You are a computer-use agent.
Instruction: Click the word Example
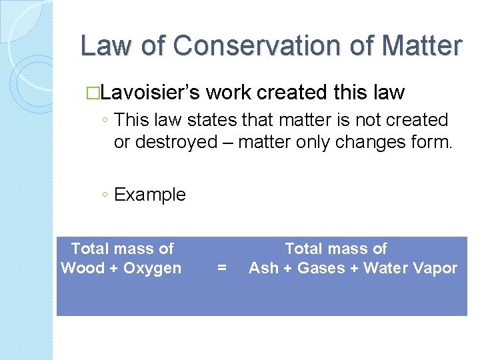point(150,195)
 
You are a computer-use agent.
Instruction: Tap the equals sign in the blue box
point(222,268)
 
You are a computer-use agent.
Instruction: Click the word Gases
point(319,268)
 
